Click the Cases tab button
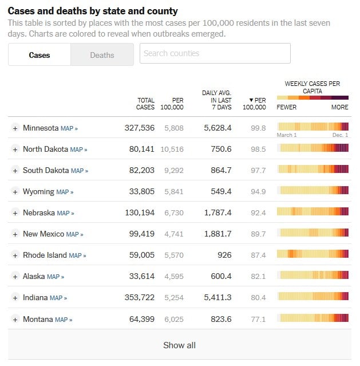(x=39, y=55)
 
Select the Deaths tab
(x=102, y=55)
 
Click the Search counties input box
(x=215, y=53)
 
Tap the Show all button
(x=179, y=345)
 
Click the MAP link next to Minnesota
(x=69, y=128)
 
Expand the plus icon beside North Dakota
(x=15, y=149)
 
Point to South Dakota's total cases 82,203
(x=140, y=170)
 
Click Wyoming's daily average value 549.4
(x=220, y=191)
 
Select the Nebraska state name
(x=39, y=212)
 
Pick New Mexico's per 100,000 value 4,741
(x=174, y=234)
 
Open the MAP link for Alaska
(x=56, y=277)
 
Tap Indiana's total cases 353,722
(x=140, y=297)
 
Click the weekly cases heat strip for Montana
(x=312, y=318)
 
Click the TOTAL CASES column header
(x=145, y=104)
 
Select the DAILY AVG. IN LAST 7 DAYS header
(x=217, y=100)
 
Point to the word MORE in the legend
(x=339, y=107)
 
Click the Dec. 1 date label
(x=339, y=135)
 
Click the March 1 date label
(x=287, y=135)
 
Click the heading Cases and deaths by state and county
(x=93, y=11)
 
